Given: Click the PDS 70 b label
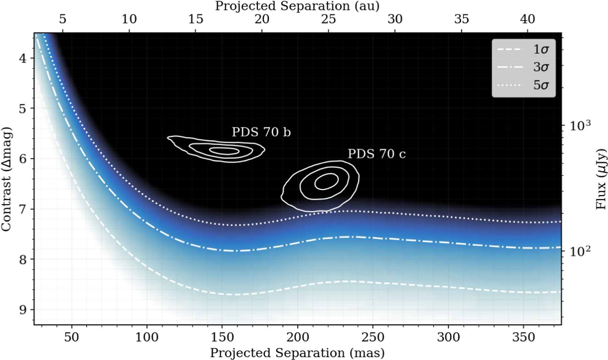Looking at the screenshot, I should pyautogui.click(x=261, y=132).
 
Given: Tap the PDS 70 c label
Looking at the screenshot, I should pyautogui.click(x=377, y=154).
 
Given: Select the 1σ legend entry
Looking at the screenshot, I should pyautogui.click(x=523, y=50).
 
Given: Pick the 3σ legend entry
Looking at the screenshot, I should pyautogui.click(x=523, y=67).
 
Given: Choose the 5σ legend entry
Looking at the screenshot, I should pyautogui.click(x=523, y=85).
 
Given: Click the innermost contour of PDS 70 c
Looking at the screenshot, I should pyautogui.click(x=322, y=182).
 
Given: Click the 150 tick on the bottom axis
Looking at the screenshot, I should pyautogui.click(x=222, y=337).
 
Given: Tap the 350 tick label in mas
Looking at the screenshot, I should pyautogui.click(x=523, y=337).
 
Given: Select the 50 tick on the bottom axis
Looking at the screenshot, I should pyautogui.click(x=71, y=337).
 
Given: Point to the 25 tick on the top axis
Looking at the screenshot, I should pyautogui.click(x=328, y=19).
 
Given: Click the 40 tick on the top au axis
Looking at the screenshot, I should pyautogui.click(x=527, y=19).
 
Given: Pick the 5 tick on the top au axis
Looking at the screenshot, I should pyautogui.click(x=63, y=19).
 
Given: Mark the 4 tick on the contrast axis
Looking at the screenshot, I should pyautogui.click(x=23, y=58).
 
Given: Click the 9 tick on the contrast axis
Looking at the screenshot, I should pyautogui.click(x=23, y=310).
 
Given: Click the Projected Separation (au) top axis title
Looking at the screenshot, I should pyautogui.click(x=297, y=6).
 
